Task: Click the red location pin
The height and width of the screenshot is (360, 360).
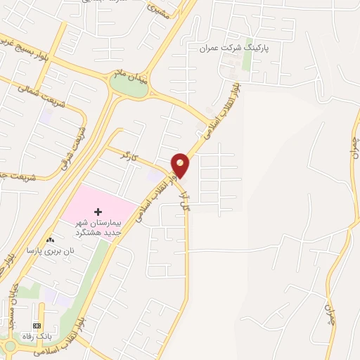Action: point(181,165)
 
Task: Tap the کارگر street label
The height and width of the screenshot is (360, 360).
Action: point(125,154)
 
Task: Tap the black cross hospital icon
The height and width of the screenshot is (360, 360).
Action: point(98,212)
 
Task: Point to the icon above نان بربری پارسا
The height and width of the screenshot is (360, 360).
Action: point(50,240)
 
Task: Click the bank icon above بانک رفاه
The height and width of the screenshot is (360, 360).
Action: point(37,326)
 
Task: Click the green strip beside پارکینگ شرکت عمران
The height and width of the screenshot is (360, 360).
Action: point(247,59)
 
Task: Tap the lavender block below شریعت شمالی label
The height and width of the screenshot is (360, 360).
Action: point(46,116)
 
